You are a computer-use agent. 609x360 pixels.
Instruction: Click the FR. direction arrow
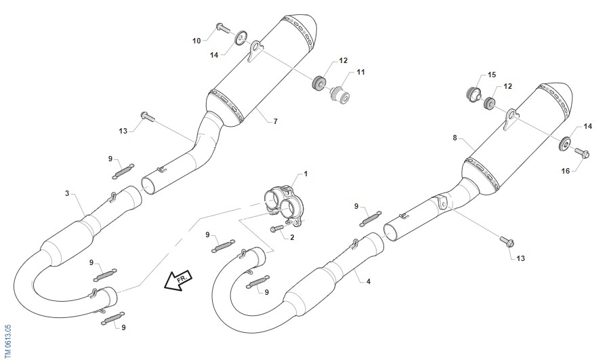click(178, 280)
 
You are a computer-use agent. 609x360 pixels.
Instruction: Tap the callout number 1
click(306, 174)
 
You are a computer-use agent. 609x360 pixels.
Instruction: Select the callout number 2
click(292, 237)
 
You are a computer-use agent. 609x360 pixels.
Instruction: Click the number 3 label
click(67, 193)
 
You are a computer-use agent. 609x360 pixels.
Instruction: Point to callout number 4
click(369, 281)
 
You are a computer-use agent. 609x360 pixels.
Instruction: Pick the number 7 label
click(275, 121)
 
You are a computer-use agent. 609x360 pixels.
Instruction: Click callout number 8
click(455, 138)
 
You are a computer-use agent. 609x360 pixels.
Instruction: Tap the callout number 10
click(196, 41)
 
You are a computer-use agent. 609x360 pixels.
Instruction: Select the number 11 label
click(361, 72)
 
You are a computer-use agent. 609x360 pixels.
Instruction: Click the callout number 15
click(492, 75)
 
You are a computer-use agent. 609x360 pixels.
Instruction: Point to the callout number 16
click(566, 171)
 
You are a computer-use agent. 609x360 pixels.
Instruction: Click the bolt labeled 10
click(222, 28)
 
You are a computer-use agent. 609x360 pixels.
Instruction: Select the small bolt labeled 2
click(277, 228)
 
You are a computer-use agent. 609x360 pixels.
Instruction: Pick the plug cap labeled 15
click(474, 94)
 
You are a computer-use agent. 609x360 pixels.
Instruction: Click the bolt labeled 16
click(582, 153)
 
